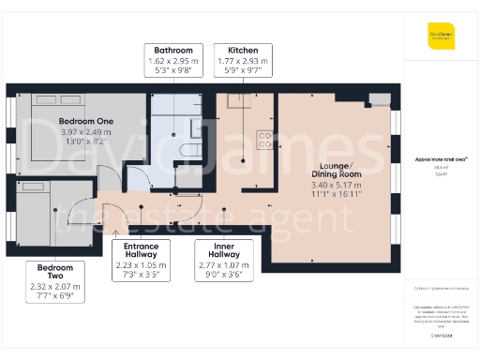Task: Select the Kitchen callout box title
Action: coord(242,49)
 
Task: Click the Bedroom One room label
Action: coord(85,122)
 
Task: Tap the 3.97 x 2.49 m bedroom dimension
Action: coord(85,132)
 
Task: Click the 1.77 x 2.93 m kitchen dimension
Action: coord(242,60)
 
